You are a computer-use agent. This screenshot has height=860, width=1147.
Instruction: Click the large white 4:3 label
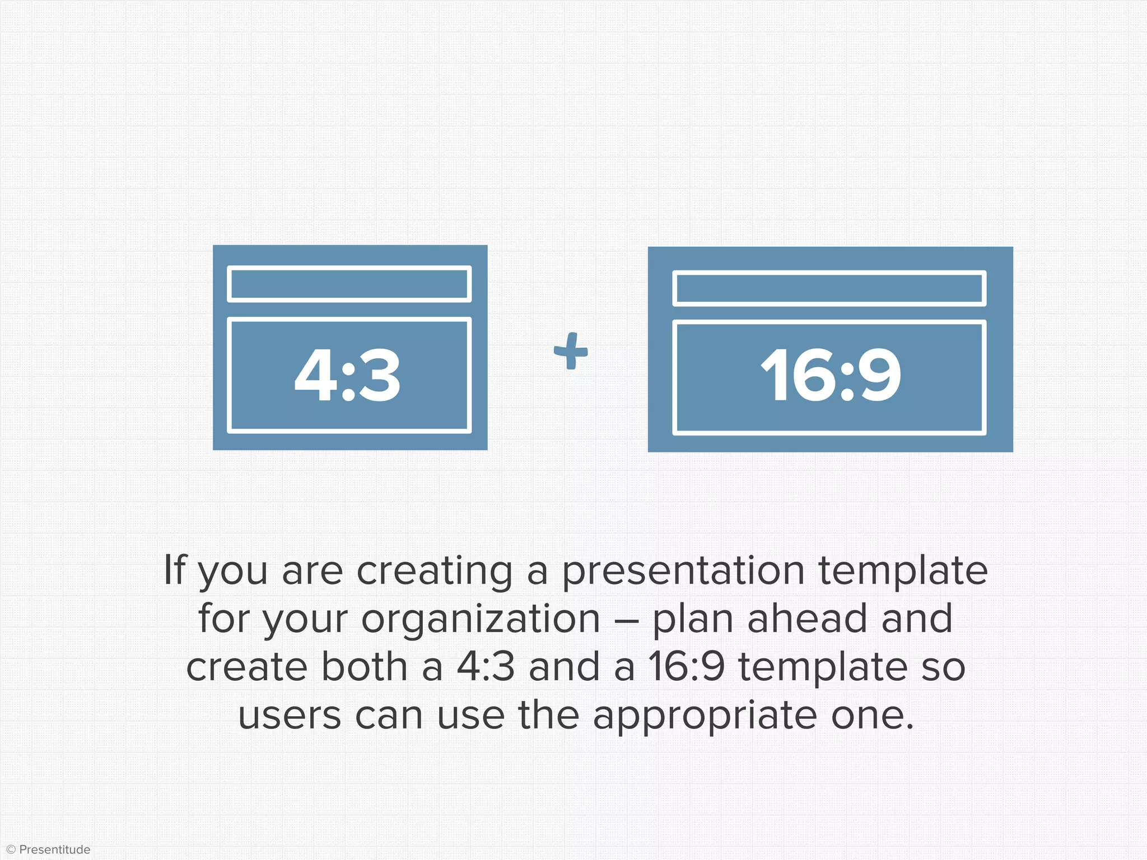click(348, 375)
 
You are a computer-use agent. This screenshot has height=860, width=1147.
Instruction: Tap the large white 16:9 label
click(831, 375)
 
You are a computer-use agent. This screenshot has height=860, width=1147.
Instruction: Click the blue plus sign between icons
click(571, 351)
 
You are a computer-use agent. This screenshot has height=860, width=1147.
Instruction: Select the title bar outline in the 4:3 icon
click(349, 284)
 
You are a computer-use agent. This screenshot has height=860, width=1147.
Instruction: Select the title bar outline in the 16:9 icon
click(829, 288)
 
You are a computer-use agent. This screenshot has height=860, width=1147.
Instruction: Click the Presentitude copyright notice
click(49, 849)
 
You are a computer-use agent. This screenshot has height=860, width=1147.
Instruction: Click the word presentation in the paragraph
click(683, 571)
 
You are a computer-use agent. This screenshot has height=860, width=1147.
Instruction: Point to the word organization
click(481, 619)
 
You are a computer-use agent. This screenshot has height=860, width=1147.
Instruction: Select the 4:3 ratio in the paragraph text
click(486, 667)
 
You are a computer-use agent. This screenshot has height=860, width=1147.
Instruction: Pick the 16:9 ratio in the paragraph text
click(687, 667)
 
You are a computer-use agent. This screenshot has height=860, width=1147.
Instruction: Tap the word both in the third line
click(364, 667)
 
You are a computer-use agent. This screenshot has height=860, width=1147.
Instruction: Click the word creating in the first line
click(435, 571)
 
